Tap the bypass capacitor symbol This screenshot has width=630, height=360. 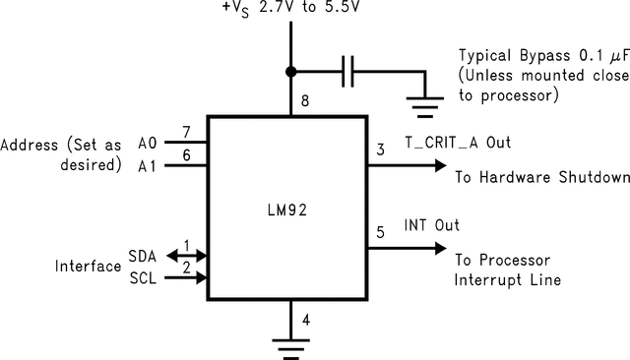(x=346, y=72)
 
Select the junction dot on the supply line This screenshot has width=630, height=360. (x=291, y=72)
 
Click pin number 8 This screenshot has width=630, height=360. (x=305, y=100)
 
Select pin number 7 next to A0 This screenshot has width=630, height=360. (x=186, y=131)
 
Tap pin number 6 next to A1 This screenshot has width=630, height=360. (x=186, y=153)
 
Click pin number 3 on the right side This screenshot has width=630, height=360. (x=381, y=150)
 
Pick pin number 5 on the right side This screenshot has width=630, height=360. (x=381, y=233)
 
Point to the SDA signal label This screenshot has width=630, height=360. (x=142, y=255)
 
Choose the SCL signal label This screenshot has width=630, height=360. (x=142, y=278)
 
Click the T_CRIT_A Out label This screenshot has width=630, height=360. (x=458, y=142)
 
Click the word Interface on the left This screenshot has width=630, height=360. (x=88, y=267)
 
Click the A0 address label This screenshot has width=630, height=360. (x=147, y=143)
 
